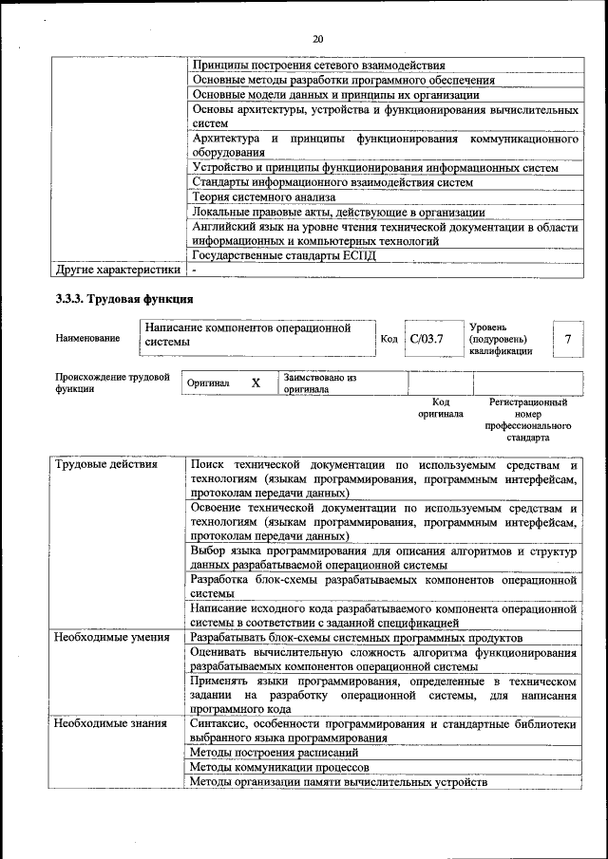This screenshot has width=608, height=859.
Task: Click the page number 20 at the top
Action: tap(317, 39)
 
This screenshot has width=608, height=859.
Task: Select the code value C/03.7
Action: tap(427, 338)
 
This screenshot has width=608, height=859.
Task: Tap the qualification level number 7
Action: tap(567, 339)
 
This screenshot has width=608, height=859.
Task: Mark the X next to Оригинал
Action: tap(256, 383)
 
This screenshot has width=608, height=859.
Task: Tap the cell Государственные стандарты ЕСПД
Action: tap(284, 255)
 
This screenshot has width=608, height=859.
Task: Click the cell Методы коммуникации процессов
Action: tap(279, 767)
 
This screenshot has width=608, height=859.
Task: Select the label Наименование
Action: tap(87, 339)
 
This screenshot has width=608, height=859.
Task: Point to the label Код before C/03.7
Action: tap(389, 339)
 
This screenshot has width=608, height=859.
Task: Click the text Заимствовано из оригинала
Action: tap(319, 383)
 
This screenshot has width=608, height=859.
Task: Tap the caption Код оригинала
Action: tap(440, 408)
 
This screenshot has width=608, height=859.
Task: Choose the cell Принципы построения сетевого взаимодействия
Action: tap(318, 65)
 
